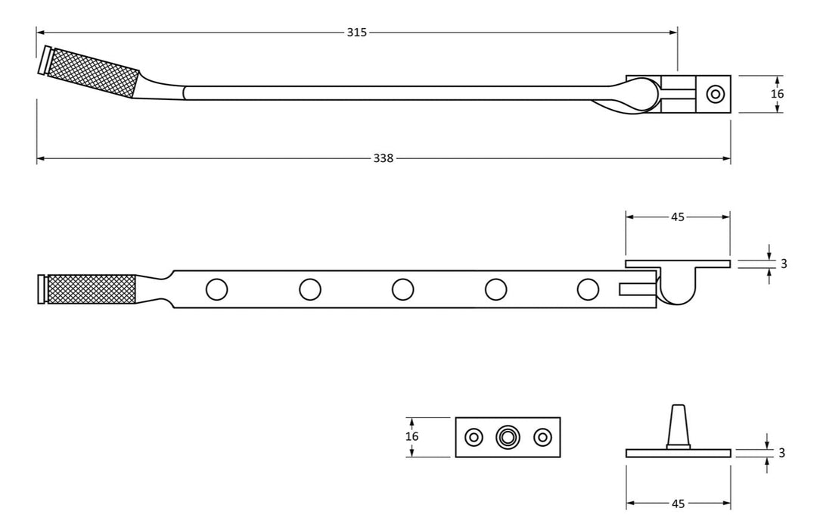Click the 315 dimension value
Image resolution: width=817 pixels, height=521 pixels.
(x=356, y=33)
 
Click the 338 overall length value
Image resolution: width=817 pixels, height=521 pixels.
(x=384, y=158)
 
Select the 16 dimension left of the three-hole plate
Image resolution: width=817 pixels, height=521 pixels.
(x=412, y=437)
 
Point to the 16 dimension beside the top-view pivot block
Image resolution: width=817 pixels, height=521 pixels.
(x=778, y=94)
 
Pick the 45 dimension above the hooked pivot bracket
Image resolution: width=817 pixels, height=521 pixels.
(x=678, y=217)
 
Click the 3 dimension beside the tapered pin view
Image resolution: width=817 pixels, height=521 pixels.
(x=781, y=453)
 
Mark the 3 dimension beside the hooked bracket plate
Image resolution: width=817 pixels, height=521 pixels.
(x=784, y=264)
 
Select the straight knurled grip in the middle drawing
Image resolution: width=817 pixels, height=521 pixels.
(x=92, y=289)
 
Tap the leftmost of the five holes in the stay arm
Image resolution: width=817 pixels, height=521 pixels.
(x=216, y=289)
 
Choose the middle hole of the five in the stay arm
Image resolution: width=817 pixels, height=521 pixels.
(x=402, y=289)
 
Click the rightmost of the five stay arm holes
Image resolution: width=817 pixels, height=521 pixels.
(x=588, y=289)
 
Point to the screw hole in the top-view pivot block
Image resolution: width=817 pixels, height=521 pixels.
(x=715, y=94)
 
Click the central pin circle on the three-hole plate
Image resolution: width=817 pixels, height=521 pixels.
(x=508, y=437)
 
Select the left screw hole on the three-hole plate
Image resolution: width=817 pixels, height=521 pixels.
(x=474, y=437)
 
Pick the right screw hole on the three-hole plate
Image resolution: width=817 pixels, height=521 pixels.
(x=542, y=437)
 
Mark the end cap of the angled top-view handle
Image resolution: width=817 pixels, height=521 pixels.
(x=45, y=61)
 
